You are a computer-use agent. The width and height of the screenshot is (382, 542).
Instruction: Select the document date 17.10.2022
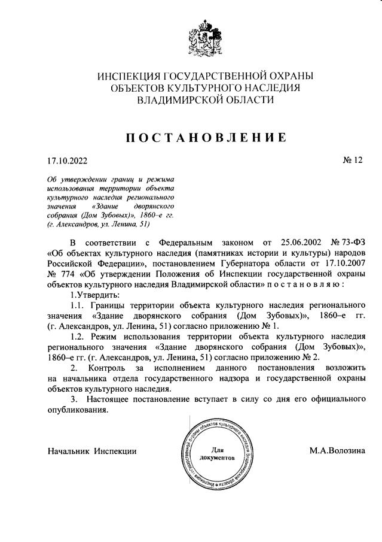(68, 160)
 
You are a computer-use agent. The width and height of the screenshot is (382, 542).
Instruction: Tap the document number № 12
(352, 160)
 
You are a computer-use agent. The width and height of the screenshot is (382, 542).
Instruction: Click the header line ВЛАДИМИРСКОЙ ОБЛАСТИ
(206, 100)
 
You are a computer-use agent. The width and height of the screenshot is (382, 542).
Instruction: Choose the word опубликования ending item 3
(78, 410)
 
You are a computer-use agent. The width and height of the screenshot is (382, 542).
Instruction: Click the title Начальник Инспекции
(92, 450)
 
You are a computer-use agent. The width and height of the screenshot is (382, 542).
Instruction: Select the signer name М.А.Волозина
(337, 450)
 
